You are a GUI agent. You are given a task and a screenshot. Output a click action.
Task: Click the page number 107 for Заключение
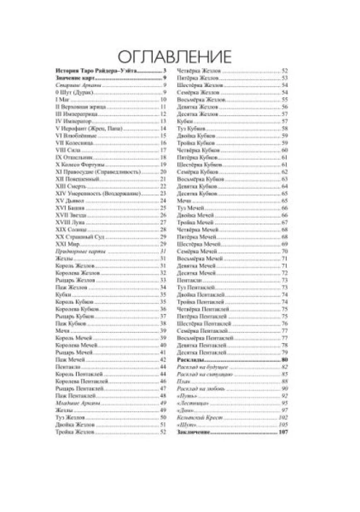(x=283, y=433)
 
